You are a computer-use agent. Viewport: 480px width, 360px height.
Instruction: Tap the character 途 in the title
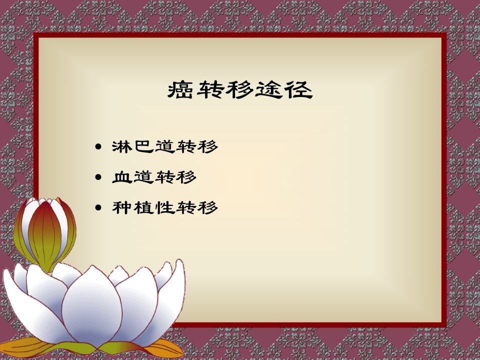coord(269,89)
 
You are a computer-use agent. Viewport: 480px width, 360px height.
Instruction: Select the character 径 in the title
coord(298,89)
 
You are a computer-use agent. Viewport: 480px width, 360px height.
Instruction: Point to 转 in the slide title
coord(209,89)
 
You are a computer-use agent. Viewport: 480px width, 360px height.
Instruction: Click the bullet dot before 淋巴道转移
coord(98,146)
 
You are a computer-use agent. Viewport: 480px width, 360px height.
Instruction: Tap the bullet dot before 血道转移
coord(98,177)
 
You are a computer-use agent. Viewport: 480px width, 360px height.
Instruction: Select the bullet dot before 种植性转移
coord(98,207)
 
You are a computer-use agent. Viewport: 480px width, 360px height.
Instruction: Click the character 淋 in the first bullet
coord(122,146)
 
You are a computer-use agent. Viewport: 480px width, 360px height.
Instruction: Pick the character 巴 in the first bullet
coord(144,146)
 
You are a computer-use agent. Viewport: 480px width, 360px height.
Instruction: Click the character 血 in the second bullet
coord(122,177)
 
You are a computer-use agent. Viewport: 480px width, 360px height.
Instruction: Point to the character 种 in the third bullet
coord(122,207)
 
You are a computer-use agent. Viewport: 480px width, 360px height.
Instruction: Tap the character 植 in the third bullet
coord(144,207)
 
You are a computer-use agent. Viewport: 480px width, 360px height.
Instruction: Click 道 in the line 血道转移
coord(144,177)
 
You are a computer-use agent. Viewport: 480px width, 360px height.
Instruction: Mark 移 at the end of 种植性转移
coord(207,207)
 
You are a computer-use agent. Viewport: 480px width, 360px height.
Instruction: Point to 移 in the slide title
coord(239,89)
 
